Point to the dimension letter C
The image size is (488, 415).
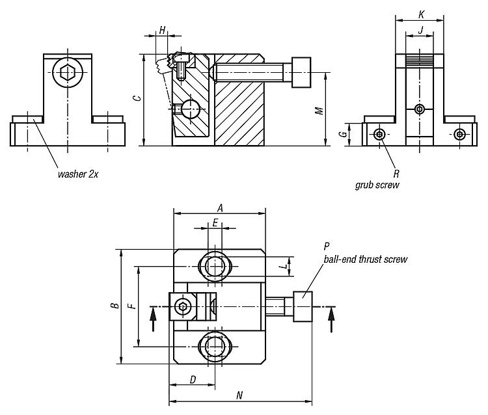136,99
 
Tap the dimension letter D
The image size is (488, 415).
193,379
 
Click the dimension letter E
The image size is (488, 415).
215,222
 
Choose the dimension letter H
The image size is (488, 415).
162,31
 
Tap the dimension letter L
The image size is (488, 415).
283,266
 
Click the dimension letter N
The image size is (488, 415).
239,395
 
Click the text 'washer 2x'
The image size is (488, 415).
77,174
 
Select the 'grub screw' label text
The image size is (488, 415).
377,185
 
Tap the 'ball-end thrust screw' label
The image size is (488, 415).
366,259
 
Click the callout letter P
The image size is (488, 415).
327,247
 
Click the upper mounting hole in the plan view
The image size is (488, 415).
215,265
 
